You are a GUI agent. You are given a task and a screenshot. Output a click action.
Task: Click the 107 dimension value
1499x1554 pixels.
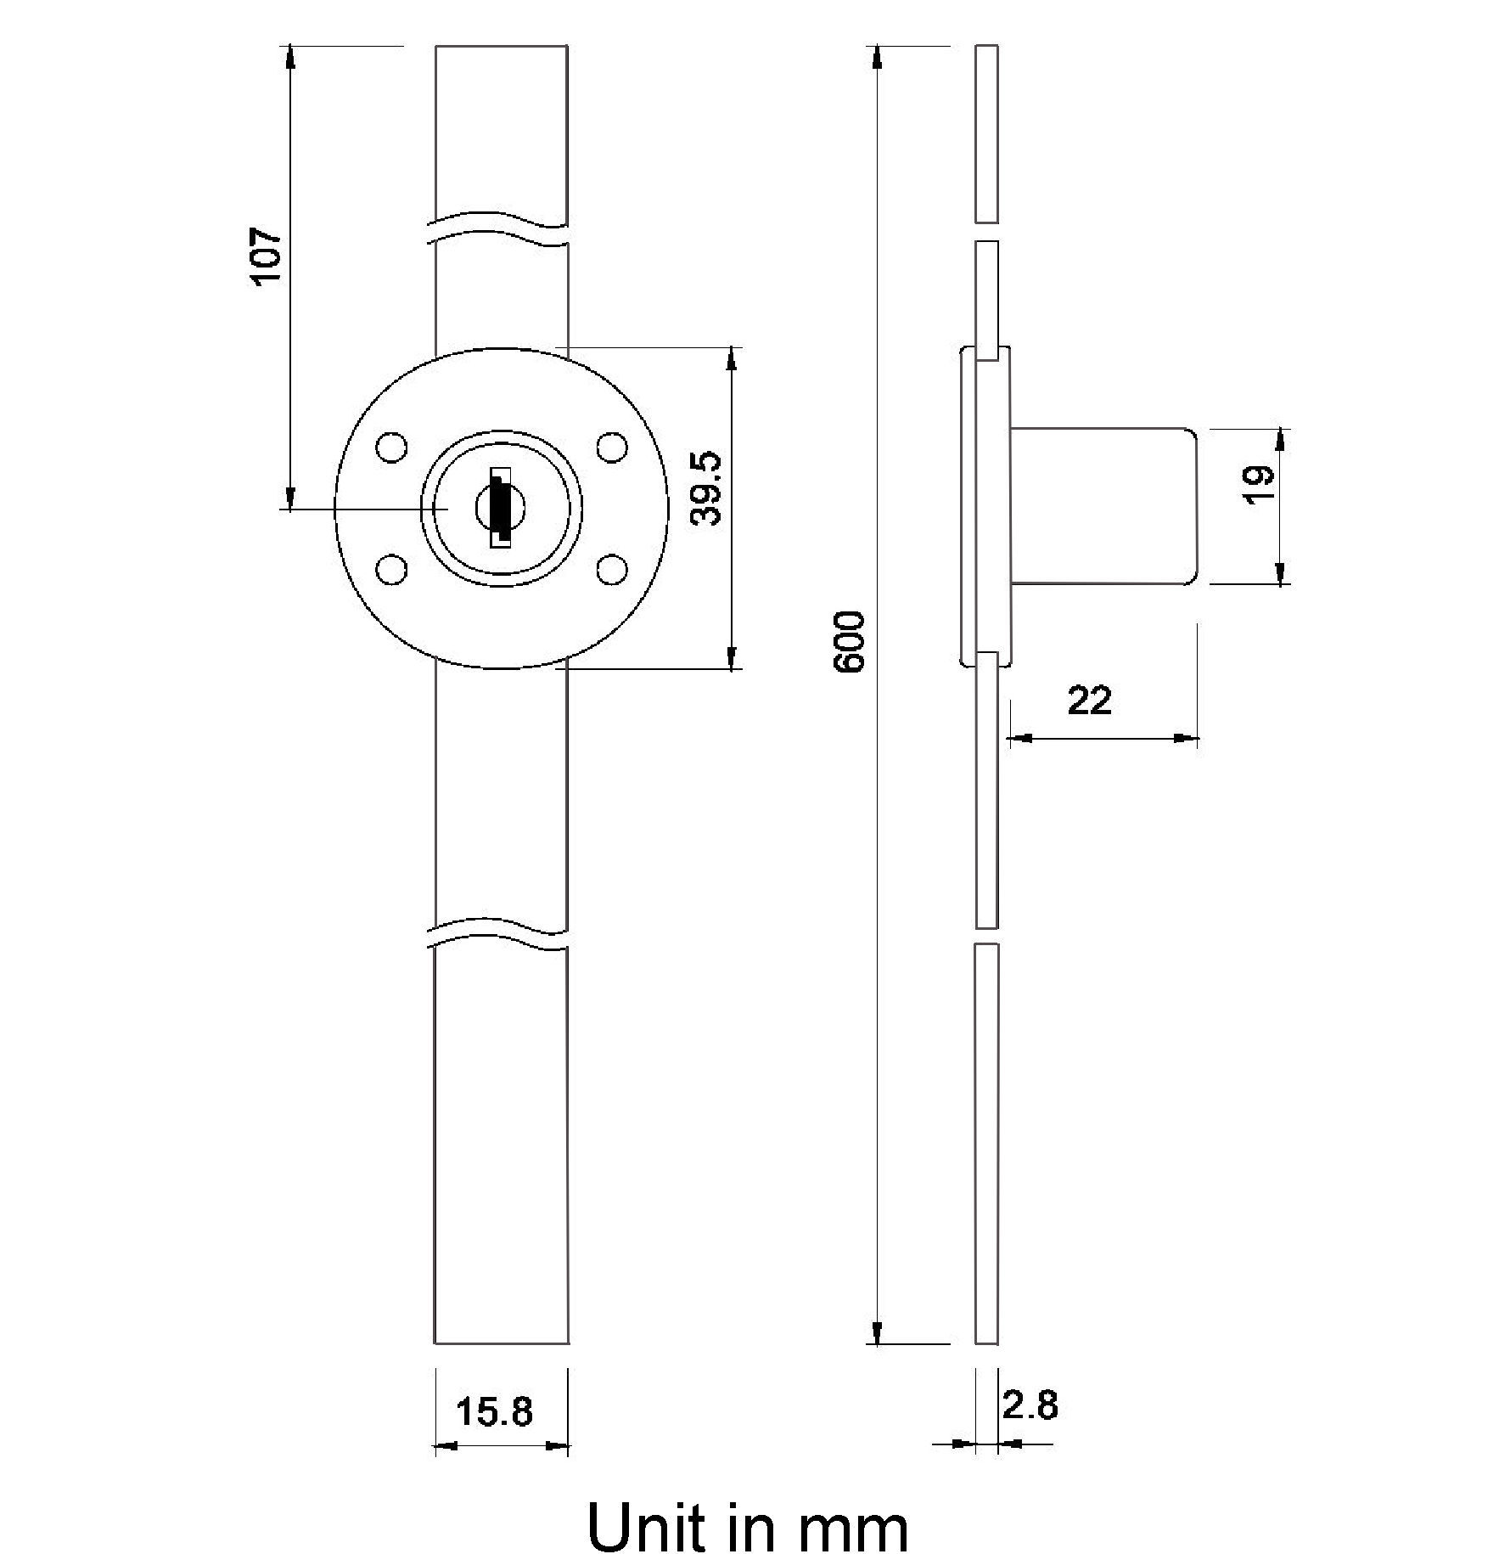point(266,256)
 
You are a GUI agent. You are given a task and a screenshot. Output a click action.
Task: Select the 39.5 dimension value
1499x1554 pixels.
point(705,487)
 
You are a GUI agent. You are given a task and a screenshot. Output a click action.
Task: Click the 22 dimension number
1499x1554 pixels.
point(1089,701)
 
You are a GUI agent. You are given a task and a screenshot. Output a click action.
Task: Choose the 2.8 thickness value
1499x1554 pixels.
point(1030,1405)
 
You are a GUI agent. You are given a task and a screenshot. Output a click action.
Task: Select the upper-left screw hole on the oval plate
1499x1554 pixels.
point(391,448)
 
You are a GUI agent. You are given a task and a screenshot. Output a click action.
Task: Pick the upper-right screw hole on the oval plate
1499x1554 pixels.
point(610,448)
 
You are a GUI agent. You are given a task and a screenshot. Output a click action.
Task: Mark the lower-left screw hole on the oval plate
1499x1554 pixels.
point(391,569)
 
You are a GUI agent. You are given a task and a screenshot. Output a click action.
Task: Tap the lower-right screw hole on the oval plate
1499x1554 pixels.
point(610,569)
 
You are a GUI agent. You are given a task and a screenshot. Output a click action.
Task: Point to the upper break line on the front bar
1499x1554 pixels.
point(501,228)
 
